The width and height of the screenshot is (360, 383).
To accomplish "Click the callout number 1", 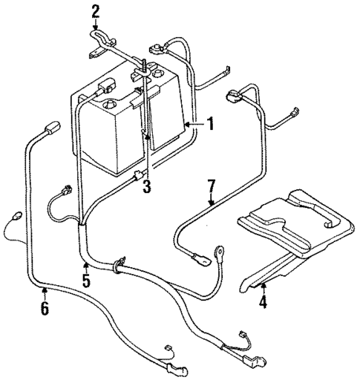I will (x=210, y=124).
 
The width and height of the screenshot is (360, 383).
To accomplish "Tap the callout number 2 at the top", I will (x=96, y=10).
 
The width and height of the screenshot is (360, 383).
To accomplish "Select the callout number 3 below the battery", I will (x=147, y=187).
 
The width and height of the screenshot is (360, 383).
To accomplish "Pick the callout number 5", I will (x=86, y=281).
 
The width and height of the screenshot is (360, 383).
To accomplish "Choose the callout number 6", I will (x=45, y=308).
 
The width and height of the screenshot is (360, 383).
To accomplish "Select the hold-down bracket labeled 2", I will (x=100, y=41).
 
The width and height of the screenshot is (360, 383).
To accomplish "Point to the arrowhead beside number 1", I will (x=190, y=124).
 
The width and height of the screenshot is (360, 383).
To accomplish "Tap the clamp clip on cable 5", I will (x=118, y=266).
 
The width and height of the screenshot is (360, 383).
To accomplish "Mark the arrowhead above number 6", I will (x=45, y=292).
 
